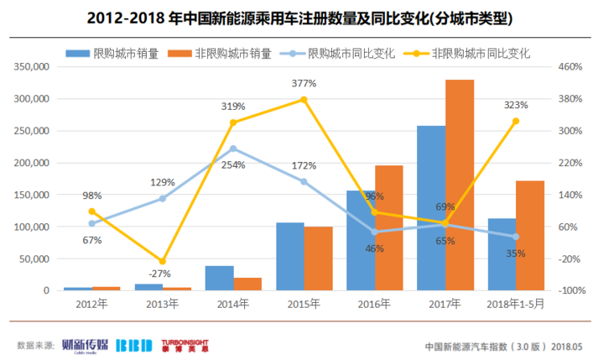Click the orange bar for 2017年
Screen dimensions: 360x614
pos(460,185)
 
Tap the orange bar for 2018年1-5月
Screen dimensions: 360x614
pos(530,235)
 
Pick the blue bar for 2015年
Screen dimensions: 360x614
pos(290,256)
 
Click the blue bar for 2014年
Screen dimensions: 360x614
pos(220,278)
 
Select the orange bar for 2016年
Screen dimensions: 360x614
pos(389,227)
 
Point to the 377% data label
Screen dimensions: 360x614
pos(304,84)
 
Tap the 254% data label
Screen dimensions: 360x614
pos(234,165)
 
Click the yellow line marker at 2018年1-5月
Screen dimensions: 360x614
pos(516,121)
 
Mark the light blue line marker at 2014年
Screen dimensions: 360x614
pos(233,149)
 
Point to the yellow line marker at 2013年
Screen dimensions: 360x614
pos(163,262)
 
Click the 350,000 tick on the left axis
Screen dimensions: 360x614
pos(29,66)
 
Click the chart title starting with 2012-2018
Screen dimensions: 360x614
pos(307,17)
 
